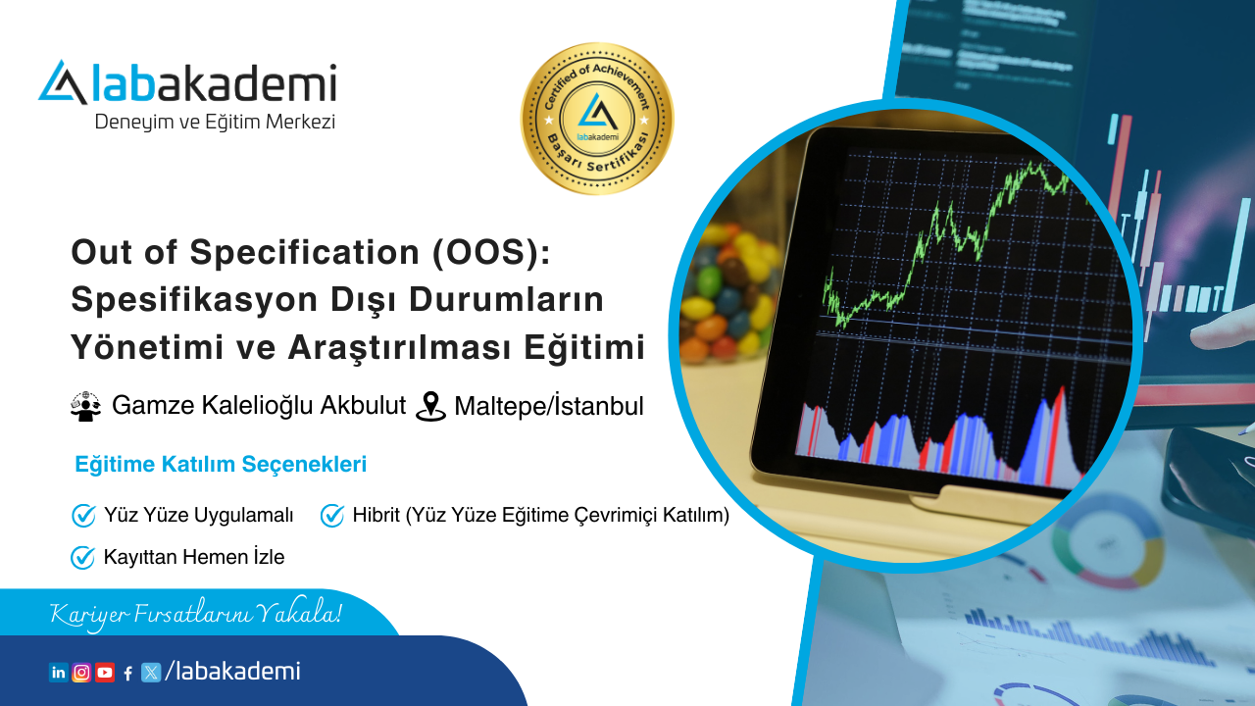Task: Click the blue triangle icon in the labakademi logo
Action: [x=63, y=83]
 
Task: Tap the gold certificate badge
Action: [x=596, y=119]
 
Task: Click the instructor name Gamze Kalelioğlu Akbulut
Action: [x=259, y=405]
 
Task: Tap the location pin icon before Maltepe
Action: [x=430, y=406]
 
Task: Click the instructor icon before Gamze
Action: [x=86, y=406]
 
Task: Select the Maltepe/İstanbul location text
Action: [x=549, y=406]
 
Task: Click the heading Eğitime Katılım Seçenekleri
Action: [x=221, y=465]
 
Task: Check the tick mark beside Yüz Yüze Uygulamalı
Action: [x=83, y=515]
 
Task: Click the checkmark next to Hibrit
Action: [x=332, y=515]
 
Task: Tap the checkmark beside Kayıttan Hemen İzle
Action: [x=82, y=558]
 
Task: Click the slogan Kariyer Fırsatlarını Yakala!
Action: [x=196, y=615]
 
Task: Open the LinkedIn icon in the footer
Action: [x=58, y=673]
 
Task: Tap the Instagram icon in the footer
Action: [x=81, y=673]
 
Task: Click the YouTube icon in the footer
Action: [x=105, y=673]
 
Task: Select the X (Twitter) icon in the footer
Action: [x=151, y=673]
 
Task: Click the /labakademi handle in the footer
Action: [x=233, y=672]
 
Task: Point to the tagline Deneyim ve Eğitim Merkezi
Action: [x=215, y=123]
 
